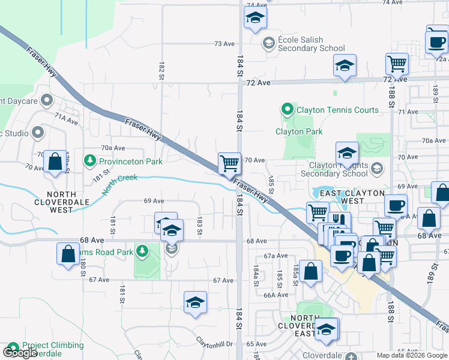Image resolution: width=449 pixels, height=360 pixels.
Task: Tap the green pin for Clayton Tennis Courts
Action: (288, 110)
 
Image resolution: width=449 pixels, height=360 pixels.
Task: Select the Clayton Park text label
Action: (299, 131)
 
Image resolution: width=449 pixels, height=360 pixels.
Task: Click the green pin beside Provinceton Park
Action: (90, 160)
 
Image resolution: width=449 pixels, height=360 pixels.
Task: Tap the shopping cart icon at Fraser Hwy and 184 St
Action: (229, 163)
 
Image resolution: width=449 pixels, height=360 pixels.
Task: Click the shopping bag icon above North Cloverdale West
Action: (55, 162)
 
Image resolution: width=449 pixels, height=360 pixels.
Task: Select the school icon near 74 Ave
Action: (255, 19)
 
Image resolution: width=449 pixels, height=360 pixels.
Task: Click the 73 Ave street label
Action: (224, 44)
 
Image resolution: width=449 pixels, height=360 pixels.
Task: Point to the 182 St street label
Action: (161, 70)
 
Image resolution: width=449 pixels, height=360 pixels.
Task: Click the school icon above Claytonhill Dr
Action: (195, 303)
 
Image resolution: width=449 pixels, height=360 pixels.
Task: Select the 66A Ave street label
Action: (276, 295)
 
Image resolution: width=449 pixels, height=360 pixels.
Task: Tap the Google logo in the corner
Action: (20, 352)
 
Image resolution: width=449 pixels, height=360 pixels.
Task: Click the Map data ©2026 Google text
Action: (412, 355)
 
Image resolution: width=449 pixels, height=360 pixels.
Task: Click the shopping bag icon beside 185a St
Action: (312, 271)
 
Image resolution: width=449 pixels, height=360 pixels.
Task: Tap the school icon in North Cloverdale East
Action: (327, 329)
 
